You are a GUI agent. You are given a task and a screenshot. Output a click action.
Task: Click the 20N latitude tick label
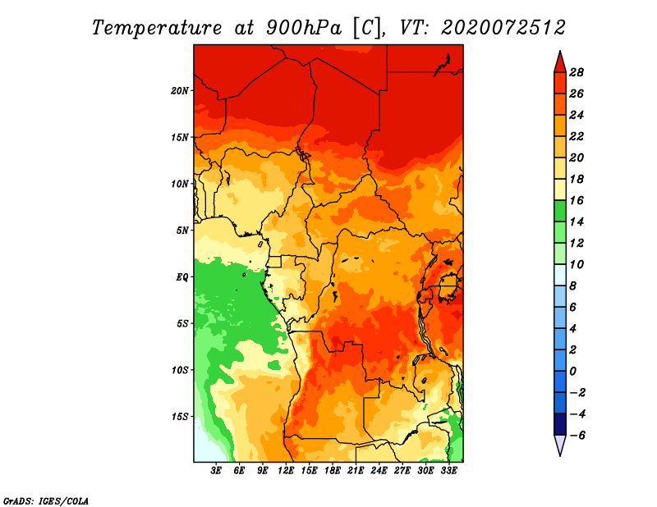click(180, 91)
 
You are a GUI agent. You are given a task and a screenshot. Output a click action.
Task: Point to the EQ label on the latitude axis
click(182, 277)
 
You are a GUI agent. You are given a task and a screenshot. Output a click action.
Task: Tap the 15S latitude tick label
click(180, 417)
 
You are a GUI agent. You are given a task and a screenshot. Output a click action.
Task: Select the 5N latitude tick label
click(182, 231)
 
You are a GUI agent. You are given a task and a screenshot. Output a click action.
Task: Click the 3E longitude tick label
click(216, 471)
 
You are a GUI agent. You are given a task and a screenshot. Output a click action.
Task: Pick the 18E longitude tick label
click(333, 471)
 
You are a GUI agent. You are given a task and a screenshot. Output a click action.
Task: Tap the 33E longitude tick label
click(448, 471)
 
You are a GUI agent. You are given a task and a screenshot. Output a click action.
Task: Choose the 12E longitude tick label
click(286, 471)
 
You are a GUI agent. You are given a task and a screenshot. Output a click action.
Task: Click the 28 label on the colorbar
click(577, 72)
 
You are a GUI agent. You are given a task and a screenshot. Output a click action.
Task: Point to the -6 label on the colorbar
click(577, 436)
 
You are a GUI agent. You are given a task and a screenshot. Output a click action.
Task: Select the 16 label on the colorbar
click(577, 200)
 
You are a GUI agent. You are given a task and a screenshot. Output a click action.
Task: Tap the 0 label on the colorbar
click(572, 372)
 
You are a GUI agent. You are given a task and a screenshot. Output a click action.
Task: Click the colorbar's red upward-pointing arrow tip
click(560, 52)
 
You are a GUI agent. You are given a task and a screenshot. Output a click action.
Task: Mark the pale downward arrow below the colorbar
click(560, 445)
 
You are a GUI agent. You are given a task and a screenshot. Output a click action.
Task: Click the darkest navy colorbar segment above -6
click(560, 424)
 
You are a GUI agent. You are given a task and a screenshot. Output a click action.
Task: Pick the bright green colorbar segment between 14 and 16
click(560, 211)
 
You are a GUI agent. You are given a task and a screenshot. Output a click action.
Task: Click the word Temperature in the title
click(156, 28)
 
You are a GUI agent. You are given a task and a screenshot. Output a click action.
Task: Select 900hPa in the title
click(304, 28)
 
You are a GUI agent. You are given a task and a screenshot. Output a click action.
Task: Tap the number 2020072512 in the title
click(503, 28)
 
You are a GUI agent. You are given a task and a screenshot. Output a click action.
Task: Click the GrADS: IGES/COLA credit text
click(46, 501)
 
